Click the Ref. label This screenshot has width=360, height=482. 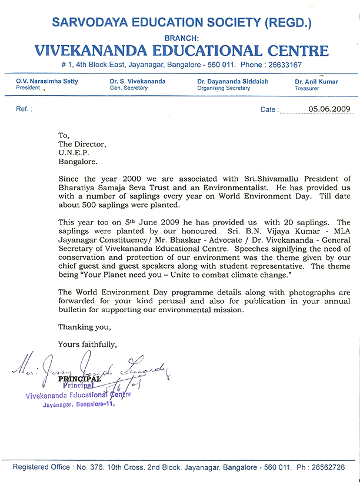24,109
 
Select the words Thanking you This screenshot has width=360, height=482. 84,327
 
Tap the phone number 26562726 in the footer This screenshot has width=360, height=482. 329,467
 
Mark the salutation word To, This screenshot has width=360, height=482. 64,135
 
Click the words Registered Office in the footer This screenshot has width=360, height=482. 39,467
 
